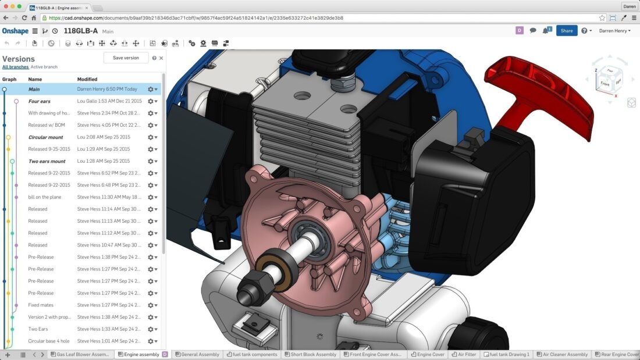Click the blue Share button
566,31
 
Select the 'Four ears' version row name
40,101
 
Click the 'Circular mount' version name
47,137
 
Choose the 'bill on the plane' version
45,197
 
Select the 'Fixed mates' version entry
41,305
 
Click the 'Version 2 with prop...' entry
48,317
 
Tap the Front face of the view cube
605,84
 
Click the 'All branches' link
15,67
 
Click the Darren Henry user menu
614,31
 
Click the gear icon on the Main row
151,90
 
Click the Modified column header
87,79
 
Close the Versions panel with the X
161,58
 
